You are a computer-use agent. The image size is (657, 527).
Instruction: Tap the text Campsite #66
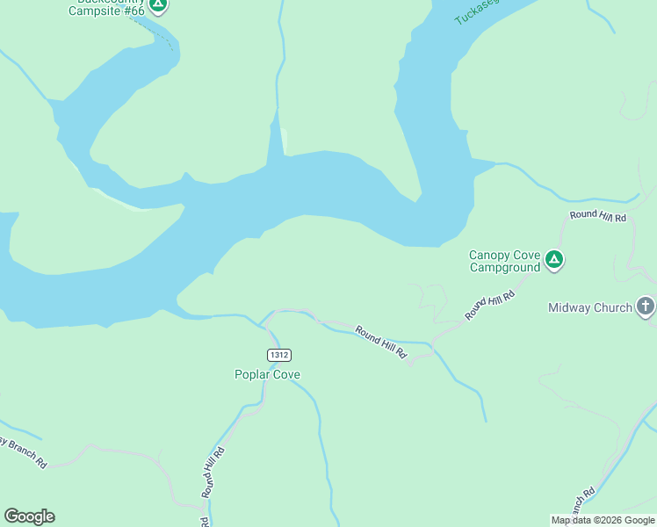click(x=106, y=11)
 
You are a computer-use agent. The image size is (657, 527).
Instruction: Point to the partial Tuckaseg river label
click(x=475, y=11)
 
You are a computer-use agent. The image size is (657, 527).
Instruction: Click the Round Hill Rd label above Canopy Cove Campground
click(x=597, y=215)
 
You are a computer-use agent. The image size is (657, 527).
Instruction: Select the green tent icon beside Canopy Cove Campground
click(x=554, y=259)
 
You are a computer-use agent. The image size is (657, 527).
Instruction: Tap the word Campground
click(x=505, y=267)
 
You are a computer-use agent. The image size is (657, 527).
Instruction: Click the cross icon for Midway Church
click(x=646, y=307)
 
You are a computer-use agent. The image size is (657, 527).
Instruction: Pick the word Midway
click(x=572, y=307)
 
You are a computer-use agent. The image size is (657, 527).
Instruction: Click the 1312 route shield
click(x=278, y=355)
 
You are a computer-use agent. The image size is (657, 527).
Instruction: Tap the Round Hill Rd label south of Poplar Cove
click(x=213, y=473)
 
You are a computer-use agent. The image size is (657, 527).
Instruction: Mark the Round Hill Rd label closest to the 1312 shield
click(x=381, y=341)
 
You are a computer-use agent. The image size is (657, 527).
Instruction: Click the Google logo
click(x=29, y=516)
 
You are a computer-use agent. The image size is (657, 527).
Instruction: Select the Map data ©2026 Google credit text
click(x=603, y=520)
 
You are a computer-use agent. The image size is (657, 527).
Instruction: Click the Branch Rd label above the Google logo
click(x=23, y=451)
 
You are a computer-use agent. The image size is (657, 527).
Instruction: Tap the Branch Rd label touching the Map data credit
click(x=581, y=502)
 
